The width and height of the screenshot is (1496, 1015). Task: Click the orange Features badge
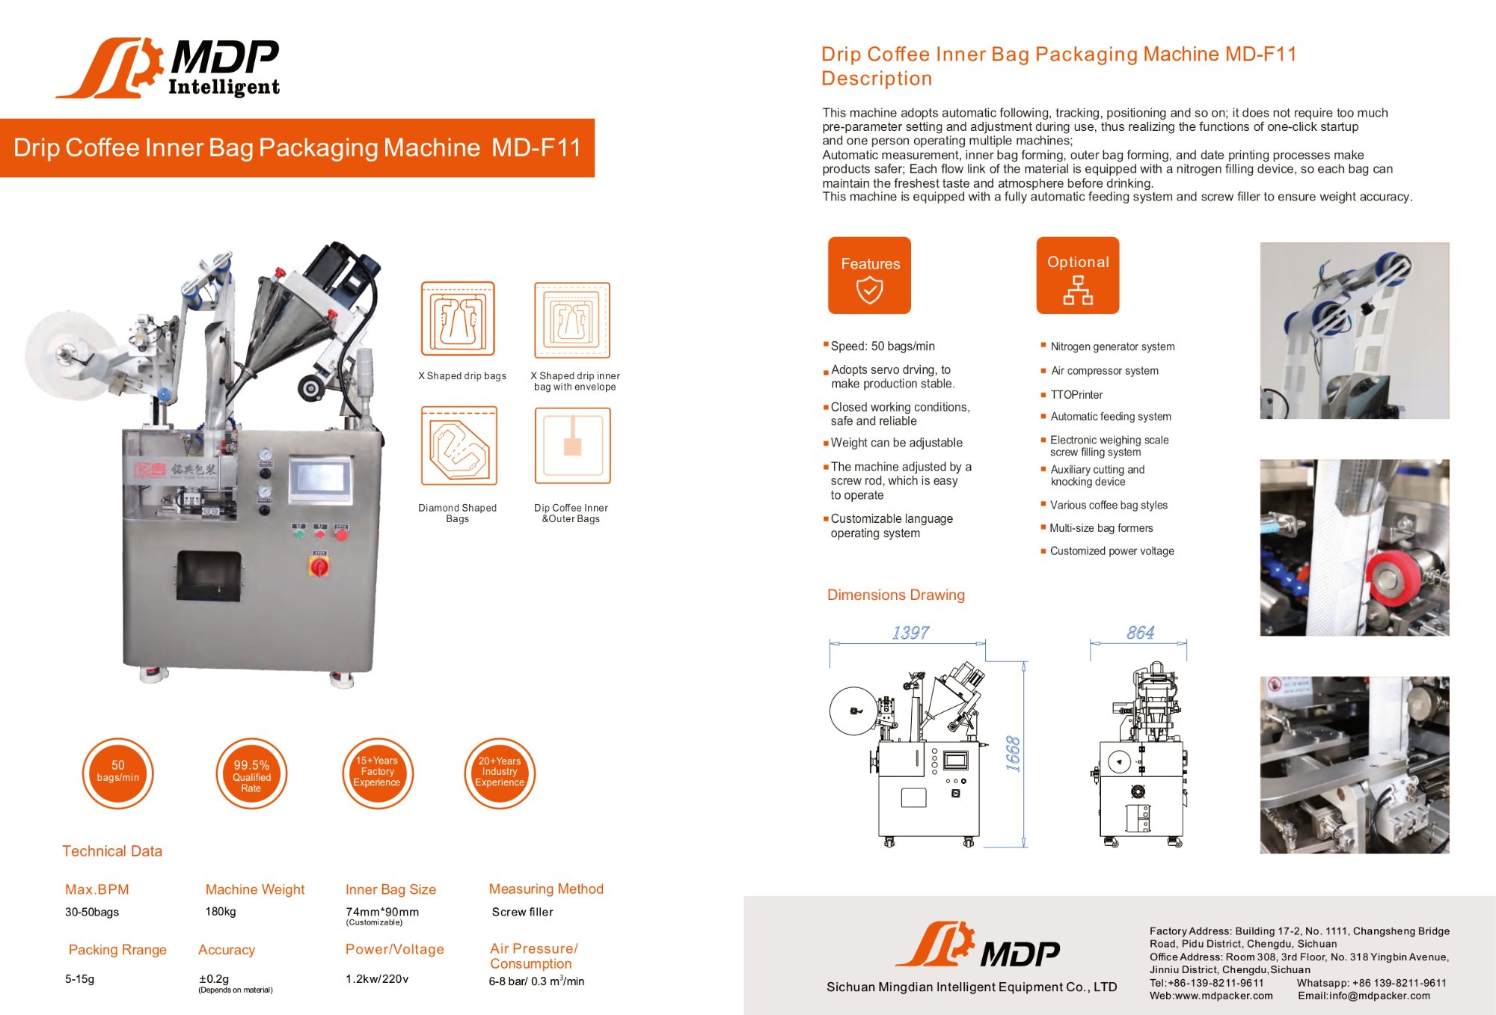869,275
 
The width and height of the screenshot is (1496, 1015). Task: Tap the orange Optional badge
1077,275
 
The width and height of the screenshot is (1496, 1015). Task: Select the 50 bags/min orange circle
117,773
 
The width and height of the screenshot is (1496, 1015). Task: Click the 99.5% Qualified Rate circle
251,774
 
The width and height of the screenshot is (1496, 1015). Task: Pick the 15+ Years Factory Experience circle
377,773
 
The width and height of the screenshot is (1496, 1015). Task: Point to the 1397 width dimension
910,633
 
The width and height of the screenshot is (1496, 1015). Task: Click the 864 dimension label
1140,633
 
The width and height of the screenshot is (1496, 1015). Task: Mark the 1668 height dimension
1013,753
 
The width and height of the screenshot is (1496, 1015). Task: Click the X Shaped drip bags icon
458,319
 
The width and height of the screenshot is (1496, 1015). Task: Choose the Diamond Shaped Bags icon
459,447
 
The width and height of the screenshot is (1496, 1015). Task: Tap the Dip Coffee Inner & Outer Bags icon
572,447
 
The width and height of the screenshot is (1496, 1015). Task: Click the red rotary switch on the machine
319,565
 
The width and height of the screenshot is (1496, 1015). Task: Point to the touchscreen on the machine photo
320,477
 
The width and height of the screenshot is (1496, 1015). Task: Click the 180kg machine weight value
221,912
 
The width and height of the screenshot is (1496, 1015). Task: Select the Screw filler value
522,913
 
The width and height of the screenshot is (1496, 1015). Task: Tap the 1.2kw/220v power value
377,979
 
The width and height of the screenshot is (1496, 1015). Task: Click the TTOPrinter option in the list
1076,395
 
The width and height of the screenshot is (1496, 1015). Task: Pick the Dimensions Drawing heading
895,595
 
